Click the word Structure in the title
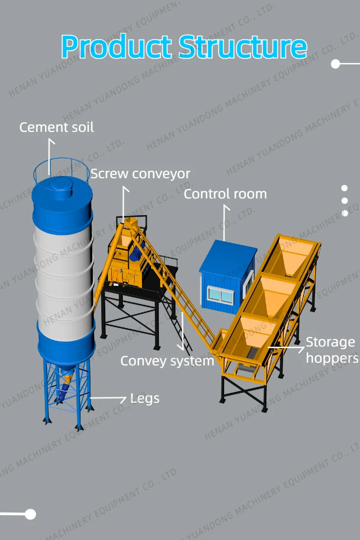(243, 46)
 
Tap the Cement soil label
(57, 127)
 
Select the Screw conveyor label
(140, 174)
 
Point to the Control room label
(225, 194)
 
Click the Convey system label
(167, 361)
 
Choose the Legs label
(144, 398)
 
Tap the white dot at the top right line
(335, 64)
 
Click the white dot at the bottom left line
(30, 514)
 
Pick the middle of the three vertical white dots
(345, 201)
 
